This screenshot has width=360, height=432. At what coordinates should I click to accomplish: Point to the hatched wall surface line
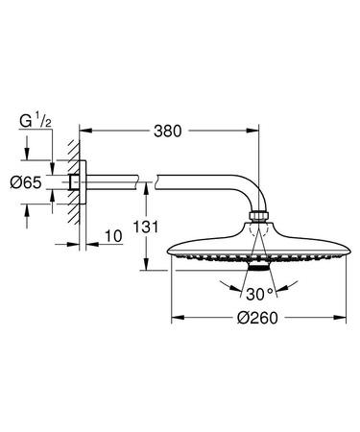70,182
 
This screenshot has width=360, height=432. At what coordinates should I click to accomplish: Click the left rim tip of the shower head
170,255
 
